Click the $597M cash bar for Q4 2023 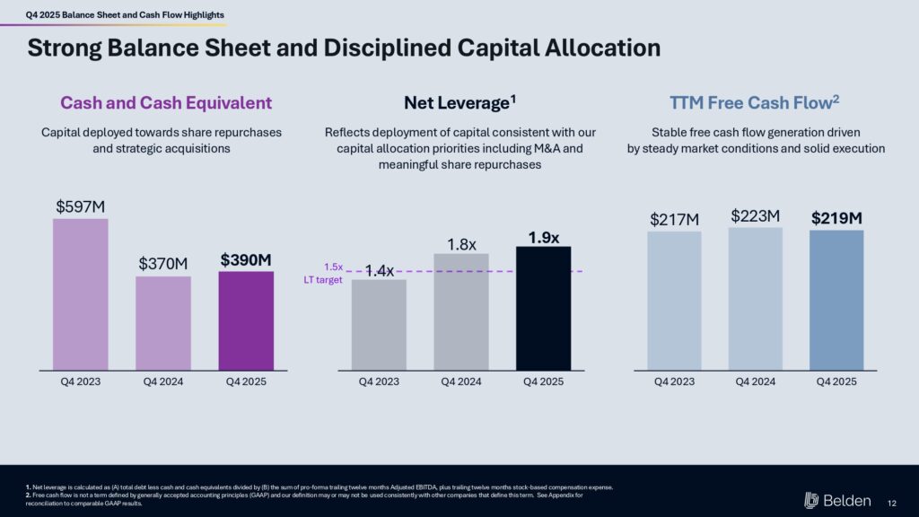coord(81,294)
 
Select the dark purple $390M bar coord(246,320)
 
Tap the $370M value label coord(163,264)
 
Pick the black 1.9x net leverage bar coord(544,307)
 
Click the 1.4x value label coord(380,270)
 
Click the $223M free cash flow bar coord(756,298)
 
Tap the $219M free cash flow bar coord(836,300)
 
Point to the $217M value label coord(674,219)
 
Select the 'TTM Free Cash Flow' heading coord(755,102)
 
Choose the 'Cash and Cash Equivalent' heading coord(166,103)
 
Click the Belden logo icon coord(811,500)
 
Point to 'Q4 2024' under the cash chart coord(163,381)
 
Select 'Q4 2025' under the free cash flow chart coord(836,381)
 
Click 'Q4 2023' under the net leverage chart coord(379,381)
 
